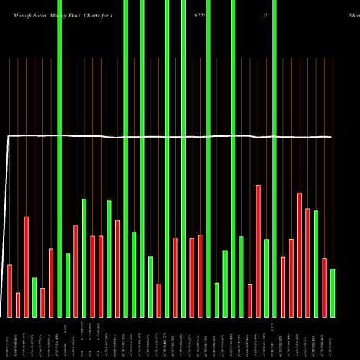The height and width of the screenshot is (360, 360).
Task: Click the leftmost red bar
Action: (x=10, y=291)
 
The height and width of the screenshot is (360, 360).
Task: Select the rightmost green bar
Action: (x=333, y=292)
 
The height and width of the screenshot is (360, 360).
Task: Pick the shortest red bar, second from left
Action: (x=18, y=305)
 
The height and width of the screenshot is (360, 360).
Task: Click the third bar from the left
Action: (x=27, y=266)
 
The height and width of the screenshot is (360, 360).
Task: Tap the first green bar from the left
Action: (x=35, y=297)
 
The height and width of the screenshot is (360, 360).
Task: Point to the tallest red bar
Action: (x=258, y=251)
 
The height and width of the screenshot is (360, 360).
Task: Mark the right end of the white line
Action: (x=332, y=137)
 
